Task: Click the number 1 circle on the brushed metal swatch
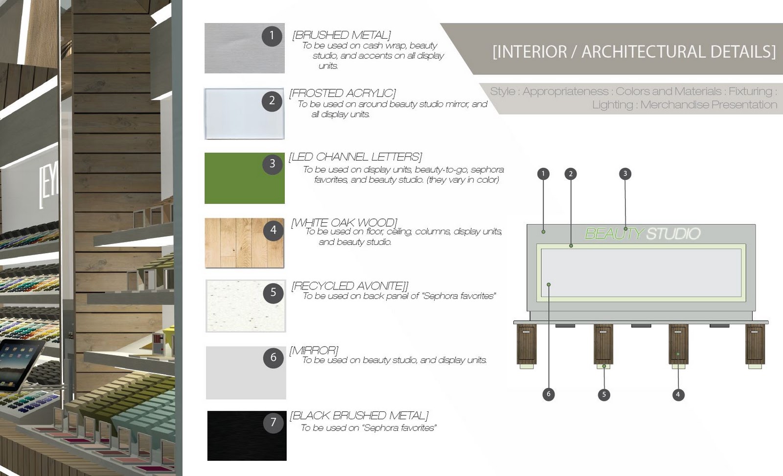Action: coord(272,36)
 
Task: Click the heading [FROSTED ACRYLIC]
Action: coord(343,93)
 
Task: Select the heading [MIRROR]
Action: coord(314,350)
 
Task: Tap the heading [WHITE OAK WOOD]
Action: coord(344,223)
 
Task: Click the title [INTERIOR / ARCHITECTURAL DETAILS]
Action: coord(634,51)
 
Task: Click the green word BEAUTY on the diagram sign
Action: coord(614,234)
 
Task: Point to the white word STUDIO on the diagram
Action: coord(673,234)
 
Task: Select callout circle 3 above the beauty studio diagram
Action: coord(625,174)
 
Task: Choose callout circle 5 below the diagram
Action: coord(604,394)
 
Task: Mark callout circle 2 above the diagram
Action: coord(570,174)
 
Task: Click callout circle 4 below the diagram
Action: coord(678,394)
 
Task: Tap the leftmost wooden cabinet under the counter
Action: coord(527,344)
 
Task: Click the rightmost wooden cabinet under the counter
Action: coord(755,344)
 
